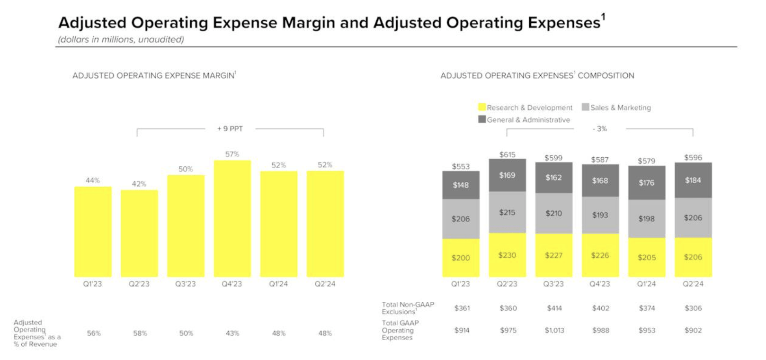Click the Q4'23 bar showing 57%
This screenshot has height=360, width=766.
232,218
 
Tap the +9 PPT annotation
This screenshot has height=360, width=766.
230,129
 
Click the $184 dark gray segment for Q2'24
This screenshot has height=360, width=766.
693,180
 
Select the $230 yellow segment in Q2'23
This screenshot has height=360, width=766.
507,255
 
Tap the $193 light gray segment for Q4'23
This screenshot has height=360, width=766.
600,215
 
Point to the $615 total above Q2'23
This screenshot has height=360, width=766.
507,154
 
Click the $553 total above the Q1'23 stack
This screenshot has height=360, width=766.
461,166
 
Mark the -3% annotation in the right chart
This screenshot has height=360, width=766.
599,129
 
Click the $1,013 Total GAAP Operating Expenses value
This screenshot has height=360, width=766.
554,330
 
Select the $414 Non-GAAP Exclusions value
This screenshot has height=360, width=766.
554,308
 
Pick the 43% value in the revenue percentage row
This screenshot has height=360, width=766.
232,333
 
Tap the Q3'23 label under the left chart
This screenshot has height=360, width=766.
186,284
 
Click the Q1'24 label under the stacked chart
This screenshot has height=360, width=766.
646,284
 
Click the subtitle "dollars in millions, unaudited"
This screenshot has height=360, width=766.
121,39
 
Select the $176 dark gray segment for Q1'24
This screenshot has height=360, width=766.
646,182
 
